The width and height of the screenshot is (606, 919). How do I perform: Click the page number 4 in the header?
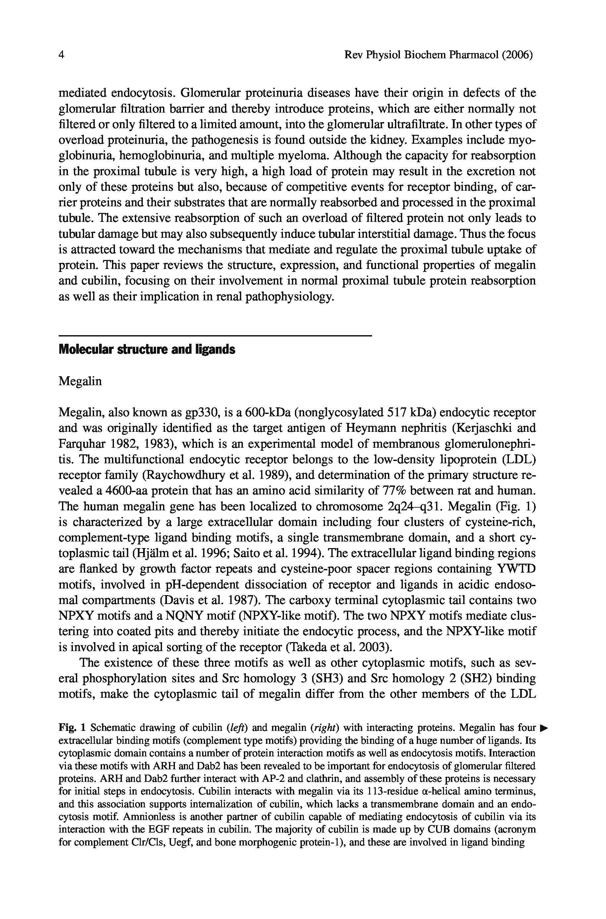(61, 55)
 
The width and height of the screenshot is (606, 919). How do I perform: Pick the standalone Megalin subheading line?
(80, 381)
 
